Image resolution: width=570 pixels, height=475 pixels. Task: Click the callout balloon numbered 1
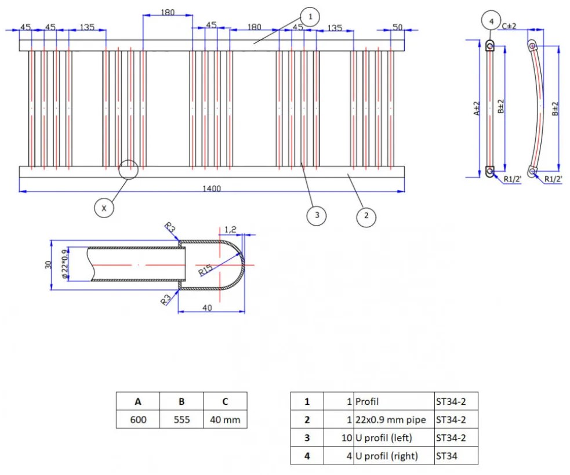click(x=310, y=17)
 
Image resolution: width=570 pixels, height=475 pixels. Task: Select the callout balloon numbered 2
click(x=366, y=216)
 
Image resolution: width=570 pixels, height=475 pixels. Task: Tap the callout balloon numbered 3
click(x=316, y=216)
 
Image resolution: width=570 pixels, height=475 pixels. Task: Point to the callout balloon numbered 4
click(x=491, y=21)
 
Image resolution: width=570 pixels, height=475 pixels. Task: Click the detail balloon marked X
click(x=104, y=207)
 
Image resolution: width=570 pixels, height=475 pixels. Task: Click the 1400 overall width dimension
click(x=212, y=189)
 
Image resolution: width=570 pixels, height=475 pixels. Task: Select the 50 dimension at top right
click(x=397, y=27)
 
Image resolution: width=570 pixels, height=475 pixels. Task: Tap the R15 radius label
click(x=206, y=271)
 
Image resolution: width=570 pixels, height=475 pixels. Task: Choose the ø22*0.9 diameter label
click(x=65, y=264)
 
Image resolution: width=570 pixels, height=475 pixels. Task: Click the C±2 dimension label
click(x=510, y=26)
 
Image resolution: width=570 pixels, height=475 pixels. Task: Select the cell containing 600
click(x=138, y=419)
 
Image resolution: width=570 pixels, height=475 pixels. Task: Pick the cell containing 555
click(x=181, y=419)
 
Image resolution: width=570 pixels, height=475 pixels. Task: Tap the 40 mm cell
click(x=225, y=419)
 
